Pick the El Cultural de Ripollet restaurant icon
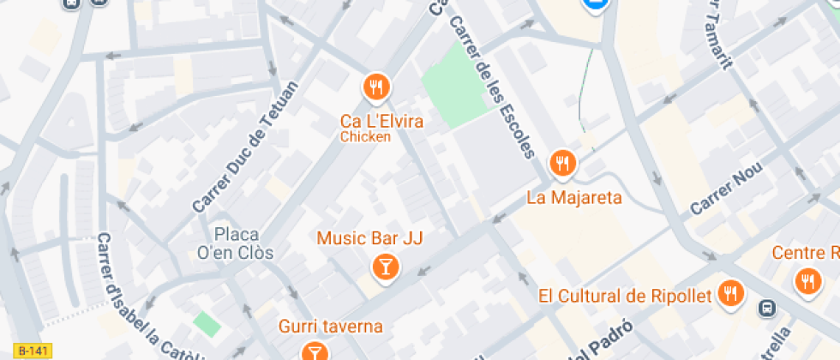click(730, 292)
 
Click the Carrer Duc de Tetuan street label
click(245, 147)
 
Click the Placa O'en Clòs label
click(243, 243)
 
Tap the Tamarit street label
click(719, 34)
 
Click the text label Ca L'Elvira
click(381, 121)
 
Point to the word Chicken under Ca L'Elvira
click(365, 136)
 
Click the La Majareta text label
click(573, 198)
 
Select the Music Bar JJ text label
click(370, 237)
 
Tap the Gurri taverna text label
click(330, 327)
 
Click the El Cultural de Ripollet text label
click(625, 297)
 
